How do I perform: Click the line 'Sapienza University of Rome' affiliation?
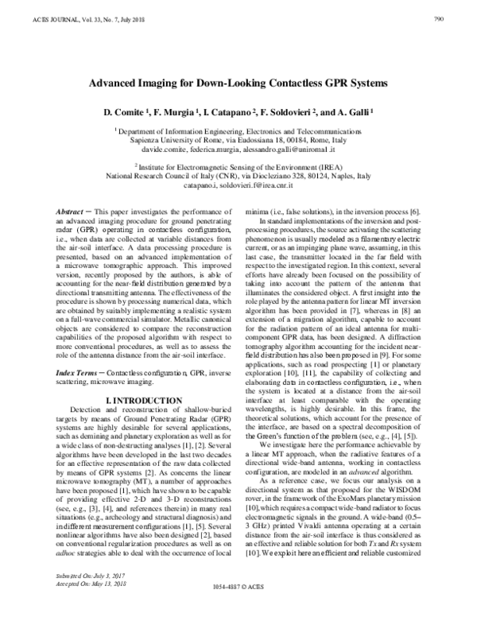click(x=238, y=139)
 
